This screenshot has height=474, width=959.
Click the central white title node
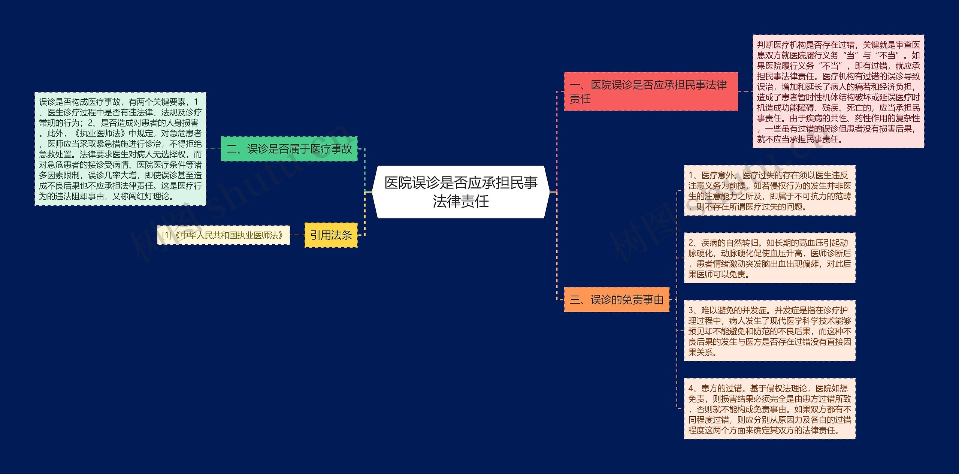(460, 192)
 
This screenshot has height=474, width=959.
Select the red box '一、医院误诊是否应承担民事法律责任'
(651, 91)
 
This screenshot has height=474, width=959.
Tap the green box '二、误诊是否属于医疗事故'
(289, 149)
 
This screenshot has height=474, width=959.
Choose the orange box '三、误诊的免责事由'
(616, 299)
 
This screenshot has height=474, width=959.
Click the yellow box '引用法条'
(331, 235)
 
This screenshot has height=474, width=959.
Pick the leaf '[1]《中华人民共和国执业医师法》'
(223, 235)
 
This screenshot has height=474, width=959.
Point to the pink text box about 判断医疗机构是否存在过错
(838, 91)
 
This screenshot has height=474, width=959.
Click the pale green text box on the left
(120, 149)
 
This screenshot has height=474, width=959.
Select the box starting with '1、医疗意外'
(769, 190)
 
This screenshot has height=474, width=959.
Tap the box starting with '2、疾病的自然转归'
(769, 258)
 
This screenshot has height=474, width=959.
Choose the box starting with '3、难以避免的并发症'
(769, 330)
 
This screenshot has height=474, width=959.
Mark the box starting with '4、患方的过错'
(769, 408)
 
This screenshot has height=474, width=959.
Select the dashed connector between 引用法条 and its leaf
(297, 235)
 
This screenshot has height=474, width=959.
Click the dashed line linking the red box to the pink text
(745, 91)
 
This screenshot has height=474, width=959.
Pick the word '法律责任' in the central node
(460, 202)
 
